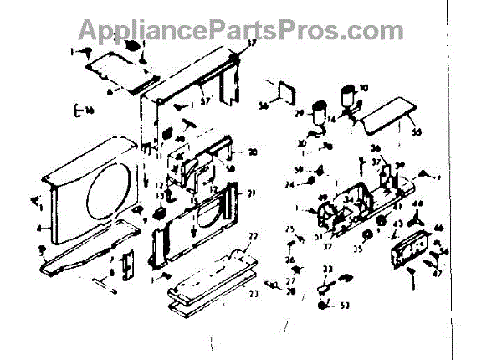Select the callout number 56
(x=263, y=106)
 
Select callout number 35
(x=360, y=249)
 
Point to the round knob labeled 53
(x=323, y=306)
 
